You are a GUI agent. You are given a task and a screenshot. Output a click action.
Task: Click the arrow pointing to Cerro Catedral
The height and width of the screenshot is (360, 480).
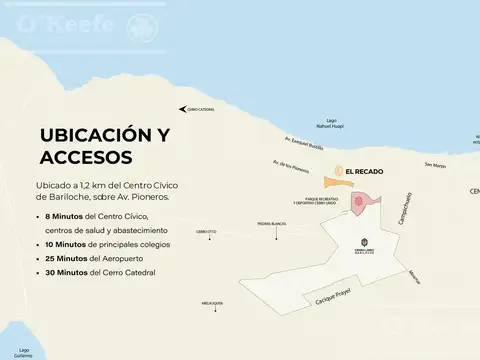182,108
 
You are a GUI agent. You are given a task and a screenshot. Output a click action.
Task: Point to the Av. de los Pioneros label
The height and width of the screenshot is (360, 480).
288,165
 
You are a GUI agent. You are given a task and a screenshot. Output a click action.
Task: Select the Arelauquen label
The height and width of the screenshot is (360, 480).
211,301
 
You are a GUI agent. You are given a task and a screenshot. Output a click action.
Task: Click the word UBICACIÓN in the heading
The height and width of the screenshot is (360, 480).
97,135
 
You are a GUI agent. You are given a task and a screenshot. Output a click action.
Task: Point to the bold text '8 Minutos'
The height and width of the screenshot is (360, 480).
64,216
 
